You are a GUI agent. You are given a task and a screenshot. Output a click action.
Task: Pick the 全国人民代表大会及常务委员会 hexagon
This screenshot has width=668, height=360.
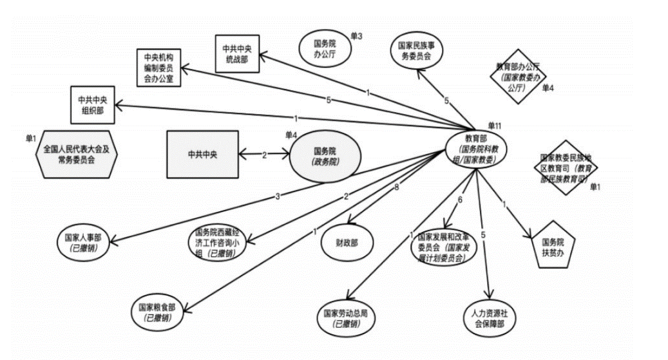[x=77, y=155]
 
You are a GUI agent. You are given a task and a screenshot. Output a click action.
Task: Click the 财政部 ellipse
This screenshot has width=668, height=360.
[x=348, y=242]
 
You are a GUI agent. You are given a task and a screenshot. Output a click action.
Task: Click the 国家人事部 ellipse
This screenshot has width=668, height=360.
[x=83, y=241]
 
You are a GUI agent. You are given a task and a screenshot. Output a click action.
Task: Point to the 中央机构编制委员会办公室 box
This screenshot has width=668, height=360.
[x=158, y=67]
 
